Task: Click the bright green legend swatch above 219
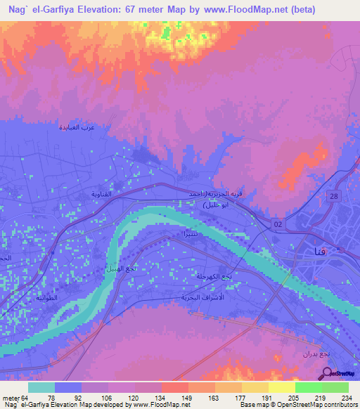coord(308,387)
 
